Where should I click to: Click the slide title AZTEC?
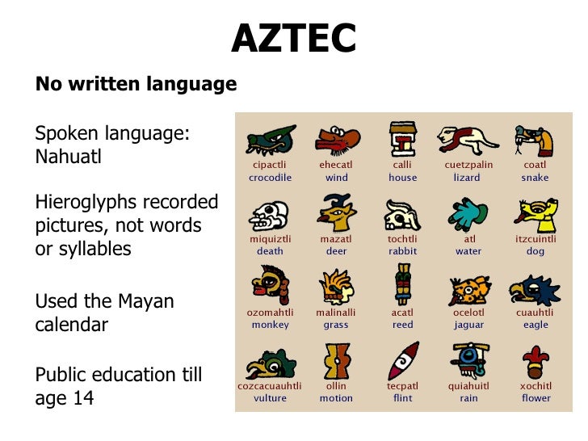click(x=294, y=38)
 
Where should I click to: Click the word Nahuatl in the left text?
click(x=69, y=156)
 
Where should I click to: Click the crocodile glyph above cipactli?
click(x=270, y=141)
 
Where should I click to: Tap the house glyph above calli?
click(x=402, y=140)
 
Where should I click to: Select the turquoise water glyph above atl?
click(x=467, y=213)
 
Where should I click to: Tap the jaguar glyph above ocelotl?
click(x=468, y=288)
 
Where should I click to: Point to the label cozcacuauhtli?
click(x=270, y=386)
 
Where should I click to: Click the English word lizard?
click(x=467, y=178)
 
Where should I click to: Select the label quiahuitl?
click(x=468, y=386)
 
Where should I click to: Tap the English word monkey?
click(x=270, y=325)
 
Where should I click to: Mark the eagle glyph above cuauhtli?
click(x=534, y=288)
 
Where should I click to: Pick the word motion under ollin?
click(x=336, y=398)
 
